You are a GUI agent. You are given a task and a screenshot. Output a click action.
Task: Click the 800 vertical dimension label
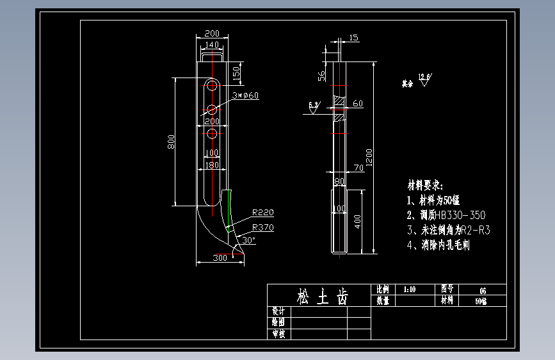pos(171,142)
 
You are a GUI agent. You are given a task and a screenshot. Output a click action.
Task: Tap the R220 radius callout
pos(262,212)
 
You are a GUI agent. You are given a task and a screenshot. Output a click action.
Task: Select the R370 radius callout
pos(262,227)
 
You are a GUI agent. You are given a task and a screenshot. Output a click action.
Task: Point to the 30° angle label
pos(248,240)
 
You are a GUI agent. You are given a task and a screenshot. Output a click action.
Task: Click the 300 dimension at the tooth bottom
pos(220,258)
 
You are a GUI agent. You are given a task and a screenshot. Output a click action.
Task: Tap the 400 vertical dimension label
pos(358,221)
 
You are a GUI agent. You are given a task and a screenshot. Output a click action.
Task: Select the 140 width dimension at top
pos(211,45)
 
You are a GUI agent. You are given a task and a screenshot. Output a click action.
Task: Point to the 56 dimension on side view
pos(322,75)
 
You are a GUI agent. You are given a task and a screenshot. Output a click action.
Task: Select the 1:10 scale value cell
pos(410,290)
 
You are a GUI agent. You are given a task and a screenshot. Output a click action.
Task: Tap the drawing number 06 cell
pos(482,290)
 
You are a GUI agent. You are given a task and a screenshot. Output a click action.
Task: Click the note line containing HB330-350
pos(446,215)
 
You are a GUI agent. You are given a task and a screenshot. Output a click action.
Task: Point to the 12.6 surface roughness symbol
pos(424,80)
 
